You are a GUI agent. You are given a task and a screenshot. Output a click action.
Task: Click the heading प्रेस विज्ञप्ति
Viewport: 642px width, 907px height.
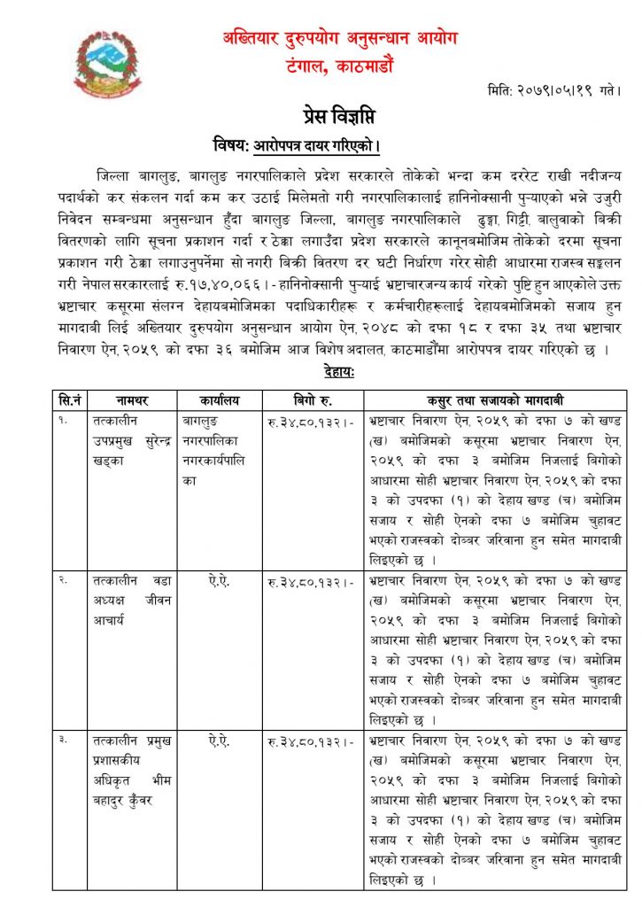(x=321, y=115)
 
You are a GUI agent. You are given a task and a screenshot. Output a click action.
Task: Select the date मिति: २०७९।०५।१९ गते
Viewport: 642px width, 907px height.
(x=553, y=90)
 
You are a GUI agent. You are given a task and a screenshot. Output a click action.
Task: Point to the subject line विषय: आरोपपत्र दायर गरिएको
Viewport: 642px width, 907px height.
(x=296, y=144)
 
